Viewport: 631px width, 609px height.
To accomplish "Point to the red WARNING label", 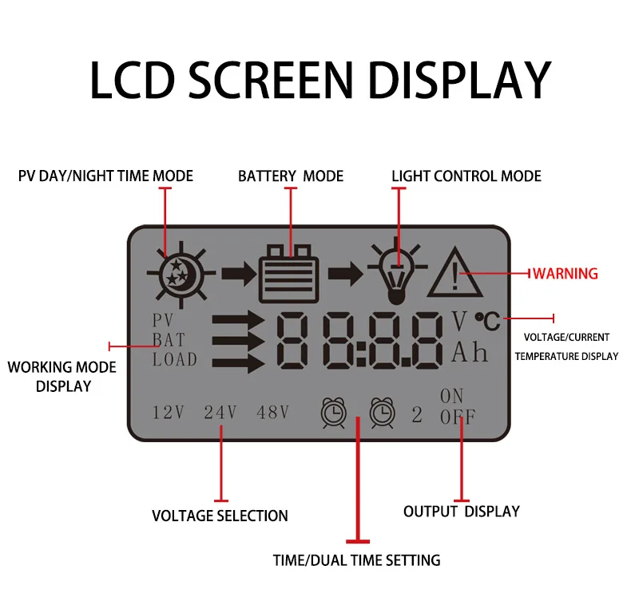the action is pos(566,274).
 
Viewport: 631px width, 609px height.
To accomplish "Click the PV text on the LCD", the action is pos(163,321).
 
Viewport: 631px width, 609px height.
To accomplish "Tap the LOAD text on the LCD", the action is pos(175,359).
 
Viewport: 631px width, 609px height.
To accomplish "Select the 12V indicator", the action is pos(169,413).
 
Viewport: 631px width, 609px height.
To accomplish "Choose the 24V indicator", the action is pos(220,413).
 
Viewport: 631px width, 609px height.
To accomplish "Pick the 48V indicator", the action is pos(272,413).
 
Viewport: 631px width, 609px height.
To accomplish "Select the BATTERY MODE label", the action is pos(291,176).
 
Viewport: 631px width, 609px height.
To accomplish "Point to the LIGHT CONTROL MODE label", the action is pos(466,176).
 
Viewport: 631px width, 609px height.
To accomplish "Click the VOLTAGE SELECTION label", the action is pos(220,516).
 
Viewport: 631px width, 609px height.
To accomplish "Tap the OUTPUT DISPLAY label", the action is pos(461,511).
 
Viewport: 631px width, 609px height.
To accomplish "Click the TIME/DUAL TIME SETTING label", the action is pos(356,560).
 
